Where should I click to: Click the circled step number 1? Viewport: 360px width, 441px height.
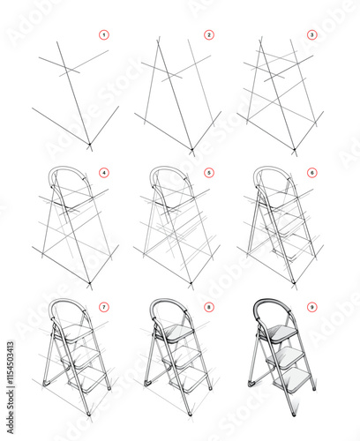[x=103, y=35]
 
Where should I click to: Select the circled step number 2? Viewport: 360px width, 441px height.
[x=209, y=35]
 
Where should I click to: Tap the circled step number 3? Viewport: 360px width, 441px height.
[x=311, y=35]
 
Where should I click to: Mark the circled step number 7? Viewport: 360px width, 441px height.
[x=103, y=307]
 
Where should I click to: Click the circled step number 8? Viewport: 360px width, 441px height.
[x=209, y=307]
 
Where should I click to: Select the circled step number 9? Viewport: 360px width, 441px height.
[x=311, y=307]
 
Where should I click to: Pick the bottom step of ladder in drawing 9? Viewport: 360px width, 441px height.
[x=294, y=380]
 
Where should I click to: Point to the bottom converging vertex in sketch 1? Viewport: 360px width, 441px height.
[x=89, y=145]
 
